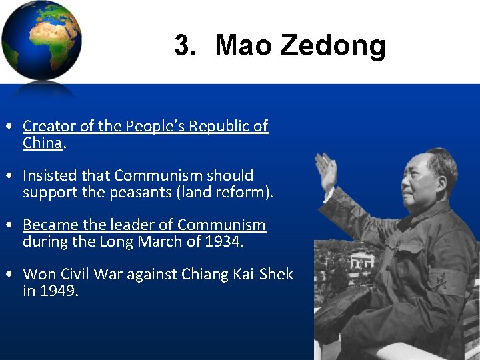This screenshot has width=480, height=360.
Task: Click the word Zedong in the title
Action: point(333,46)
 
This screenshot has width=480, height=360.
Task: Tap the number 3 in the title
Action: point(181,46)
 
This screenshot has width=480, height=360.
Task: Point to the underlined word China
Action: point(42,143)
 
